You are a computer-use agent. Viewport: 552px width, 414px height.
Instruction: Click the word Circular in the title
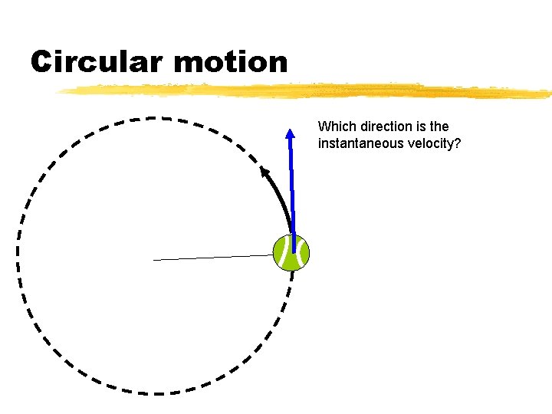click(x=95, y=61)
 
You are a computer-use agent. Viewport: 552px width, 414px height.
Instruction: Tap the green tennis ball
click(x=291, y=253)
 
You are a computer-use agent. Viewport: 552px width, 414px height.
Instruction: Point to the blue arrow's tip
click(x=291, y=130)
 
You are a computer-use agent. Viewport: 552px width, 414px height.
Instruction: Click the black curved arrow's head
click(x=264, y=170)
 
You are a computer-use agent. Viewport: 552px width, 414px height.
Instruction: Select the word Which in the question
click(x=335, y=127)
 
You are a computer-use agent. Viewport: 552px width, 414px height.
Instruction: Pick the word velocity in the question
click(x=433, y=143)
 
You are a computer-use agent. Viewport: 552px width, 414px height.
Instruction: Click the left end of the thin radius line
click(x=154, y=260)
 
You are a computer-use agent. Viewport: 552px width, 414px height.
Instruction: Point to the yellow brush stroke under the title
click(x=307, y=90)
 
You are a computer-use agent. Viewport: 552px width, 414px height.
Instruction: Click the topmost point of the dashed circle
click(x=153, y=117)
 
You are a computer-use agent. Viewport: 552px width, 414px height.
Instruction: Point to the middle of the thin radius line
click(x=215, y=258)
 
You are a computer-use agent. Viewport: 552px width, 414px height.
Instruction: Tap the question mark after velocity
click(x=457, y=143)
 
